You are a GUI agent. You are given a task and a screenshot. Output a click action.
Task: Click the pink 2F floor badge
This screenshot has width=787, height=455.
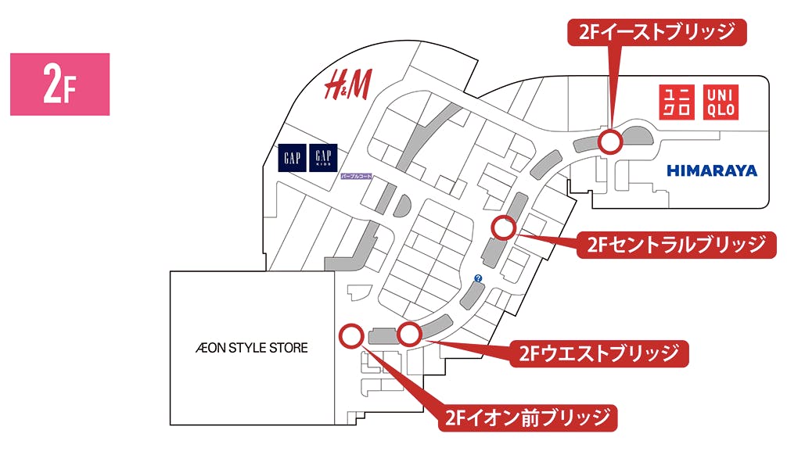59,84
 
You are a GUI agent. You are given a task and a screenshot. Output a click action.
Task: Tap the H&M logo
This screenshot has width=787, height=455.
348,84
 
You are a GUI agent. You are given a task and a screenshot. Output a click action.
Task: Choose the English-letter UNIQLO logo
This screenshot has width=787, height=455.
721,102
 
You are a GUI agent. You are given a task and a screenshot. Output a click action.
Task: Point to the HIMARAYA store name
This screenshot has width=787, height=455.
712,170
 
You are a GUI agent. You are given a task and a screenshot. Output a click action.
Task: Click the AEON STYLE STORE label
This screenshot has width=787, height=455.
251,348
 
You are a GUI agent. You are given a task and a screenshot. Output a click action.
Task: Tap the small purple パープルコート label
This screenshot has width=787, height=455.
356,177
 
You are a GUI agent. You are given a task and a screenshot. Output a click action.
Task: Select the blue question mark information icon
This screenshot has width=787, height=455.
478,278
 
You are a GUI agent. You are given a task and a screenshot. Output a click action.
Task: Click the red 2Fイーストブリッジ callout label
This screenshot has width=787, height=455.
657,32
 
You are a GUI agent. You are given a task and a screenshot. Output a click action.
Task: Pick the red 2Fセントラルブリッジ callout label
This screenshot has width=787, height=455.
675,245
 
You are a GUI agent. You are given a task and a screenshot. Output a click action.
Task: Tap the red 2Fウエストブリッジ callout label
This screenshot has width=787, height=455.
600,353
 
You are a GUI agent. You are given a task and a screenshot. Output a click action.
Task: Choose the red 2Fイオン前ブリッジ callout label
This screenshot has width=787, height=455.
527,417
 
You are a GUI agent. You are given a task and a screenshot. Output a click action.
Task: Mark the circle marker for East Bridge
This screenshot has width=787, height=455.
610,142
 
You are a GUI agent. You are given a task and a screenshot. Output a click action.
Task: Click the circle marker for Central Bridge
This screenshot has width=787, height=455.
503,228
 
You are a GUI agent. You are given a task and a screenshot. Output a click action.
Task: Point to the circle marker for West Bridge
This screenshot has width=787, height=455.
409,335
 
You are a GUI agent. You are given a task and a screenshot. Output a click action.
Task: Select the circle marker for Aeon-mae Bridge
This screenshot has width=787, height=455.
350,336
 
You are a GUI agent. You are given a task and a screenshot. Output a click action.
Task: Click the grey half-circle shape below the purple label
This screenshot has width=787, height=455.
404,206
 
